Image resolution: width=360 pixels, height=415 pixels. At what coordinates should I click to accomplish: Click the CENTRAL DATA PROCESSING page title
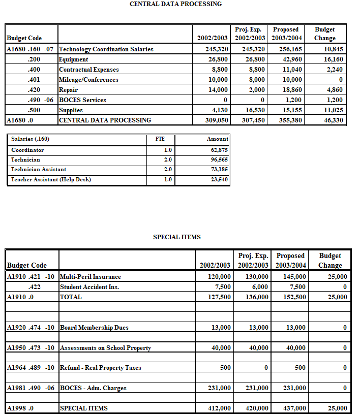175,4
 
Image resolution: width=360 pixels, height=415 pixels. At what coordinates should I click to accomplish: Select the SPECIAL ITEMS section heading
177,237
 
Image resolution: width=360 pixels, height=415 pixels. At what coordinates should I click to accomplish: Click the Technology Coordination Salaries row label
106,49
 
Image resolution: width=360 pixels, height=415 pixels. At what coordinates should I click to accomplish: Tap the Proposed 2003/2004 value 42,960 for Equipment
291,59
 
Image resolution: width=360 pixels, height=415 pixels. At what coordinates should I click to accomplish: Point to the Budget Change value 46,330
331,120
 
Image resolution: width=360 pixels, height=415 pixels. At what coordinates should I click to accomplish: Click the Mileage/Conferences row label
88,80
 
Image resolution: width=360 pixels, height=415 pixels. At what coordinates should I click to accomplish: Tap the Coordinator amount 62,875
219,150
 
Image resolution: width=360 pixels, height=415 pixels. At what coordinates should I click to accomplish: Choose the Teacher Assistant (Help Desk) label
51,179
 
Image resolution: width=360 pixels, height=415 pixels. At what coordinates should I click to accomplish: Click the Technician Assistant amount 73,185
219,170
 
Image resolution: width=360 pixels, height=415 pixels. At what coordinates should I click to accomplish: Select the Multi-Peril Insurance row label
91,277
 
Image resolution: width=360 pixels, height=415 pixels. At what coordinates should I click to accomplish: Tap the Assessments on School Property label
105,348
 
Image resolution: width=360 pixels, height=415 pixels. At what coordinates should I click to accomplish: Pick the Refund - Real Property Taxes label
100,368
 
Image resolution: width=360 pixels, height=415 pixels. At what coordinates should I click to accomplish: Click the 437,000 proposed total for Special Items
294,408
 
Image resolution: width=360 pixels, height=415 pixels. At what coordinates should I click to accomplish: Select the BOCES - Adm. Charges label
93,388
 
